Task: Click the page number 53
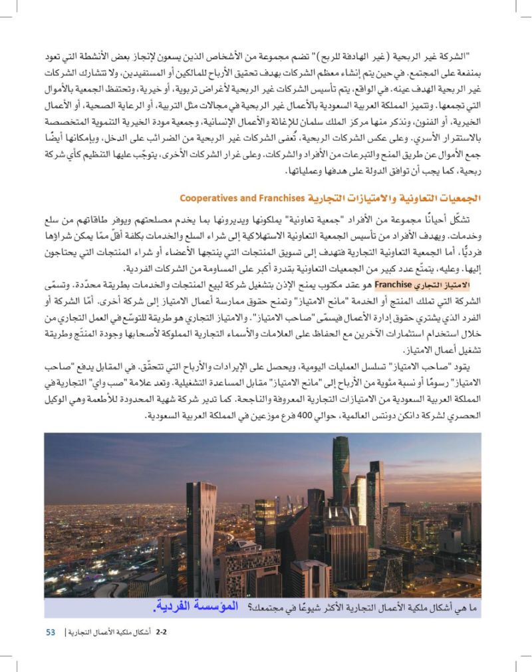51,631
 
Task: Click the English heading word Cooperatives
207,198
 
